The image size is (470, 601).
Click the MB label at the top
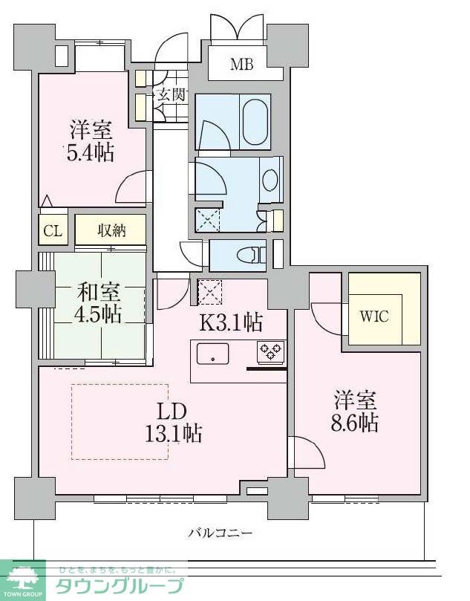coord(241,65)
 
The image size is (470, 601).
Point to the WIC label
coord(375,315)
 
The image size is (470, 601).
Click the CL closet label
coord(52,230)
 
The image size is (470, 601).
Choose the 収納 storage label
coord(111,230)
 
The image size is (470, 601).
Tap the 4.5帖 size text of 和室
coord(98,314)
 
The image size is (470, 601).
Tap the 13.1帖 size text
coord(174,433)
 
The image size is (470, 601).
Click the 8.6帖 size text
coord(355,423)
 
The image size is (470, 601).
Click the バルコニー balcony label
coord(221,533)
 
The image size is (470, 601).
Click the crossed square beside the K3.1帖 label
coord(210,290)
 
